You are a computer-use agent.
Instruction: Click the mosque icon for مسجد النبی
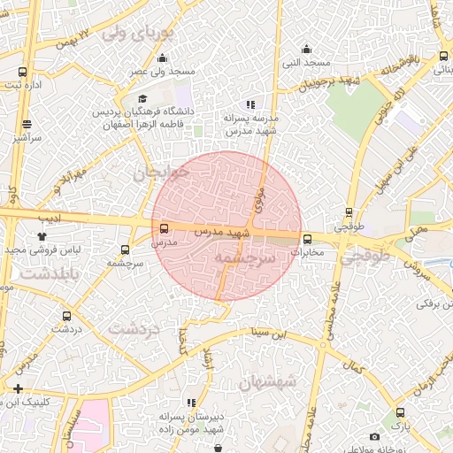(x=307, y=48)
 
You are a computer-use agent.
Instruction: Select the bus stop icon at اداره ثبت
(x=22, y=72)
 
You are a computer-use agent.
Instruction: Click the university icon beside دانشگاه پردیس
(x=142, y=99)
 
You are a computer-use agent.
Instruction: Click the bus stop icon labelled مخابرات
(x=307, y=239)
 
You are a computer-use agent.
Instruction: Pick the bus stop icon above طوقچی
(x=349, y=212)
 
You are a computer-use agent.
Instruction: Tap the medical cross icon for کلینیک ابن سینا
(x=18, y=388)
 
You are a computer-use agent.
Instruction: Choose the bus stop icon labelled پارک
(x=401, y=412)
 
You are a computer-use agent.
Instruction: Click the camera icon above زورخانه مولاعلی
(x=375, y=436)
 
